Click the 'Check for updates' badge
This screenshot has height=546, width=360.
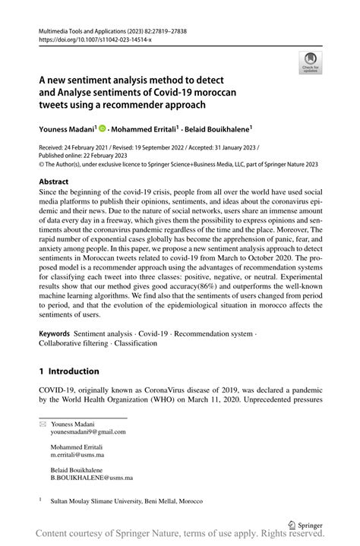click(x=309, y=64)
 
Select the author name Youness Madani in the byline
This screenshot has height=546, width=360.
click(x=65, y=130)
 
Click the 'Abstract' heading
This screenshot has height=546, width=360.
click(x=55, y=182)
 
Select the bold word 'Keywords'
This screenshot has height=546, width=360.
click(x=54, y=333)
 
